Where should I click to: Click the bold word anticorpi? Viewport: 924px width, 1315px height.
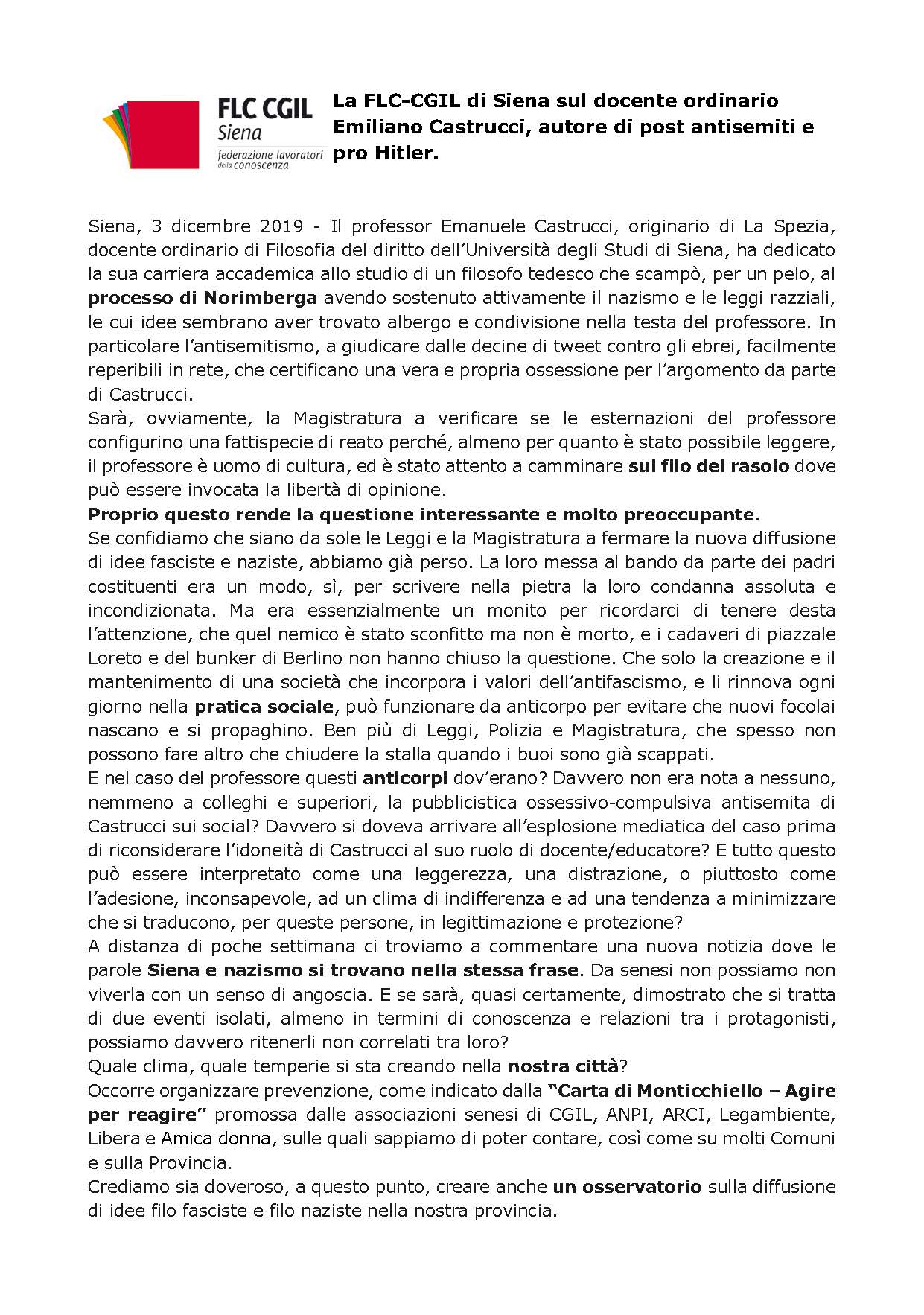pyautogui.click(x=405, y=779)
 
